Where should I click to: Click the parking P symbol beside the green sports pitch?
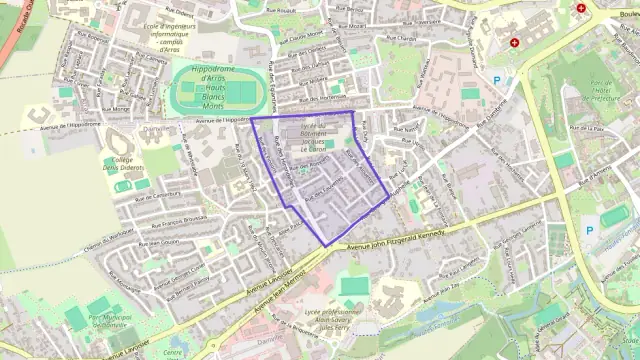click(588, 231)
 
